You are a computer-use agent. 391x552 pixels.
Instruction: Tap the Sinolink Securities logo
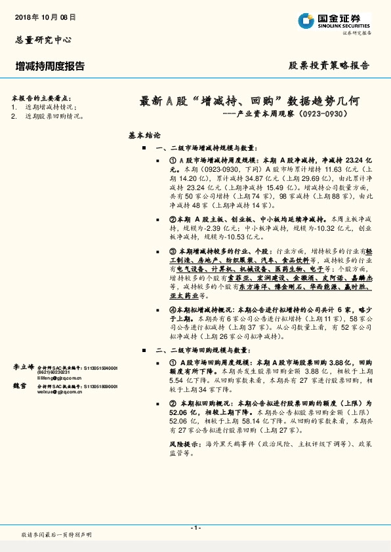pyautogui.click(x=334, y=21)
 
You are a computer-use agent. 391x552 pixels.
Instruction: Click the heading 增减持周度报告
pyautogui.click(x=50, y=66)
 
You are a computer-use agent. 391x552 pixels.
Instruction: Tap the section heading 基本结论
pyautogui.click(x=144, y=136)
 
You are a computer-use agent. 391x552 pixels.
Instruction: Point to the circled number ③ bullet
pyautogui.click(x=173, y=251)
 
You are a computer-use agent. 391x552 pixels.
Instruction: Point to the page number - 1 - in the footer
pyautogui.click(x=195, y=528)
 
